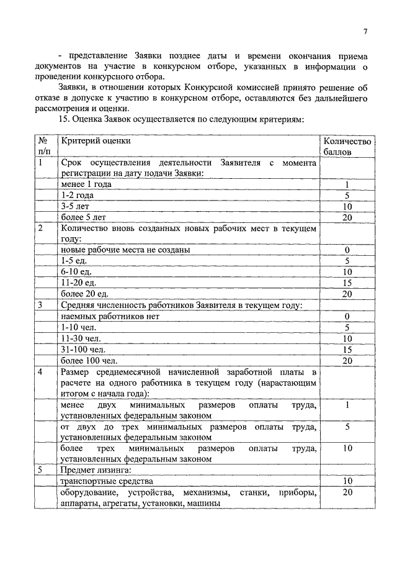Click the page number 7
coord(365,32)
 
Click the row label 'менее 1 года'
coord(86,184)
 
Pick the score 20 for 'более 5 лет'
coord(347,217)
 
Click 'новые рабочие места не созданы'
coord(125,250)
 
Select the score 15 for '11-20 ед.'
coord(347,283)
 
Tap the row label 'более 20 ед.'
coord(85,293)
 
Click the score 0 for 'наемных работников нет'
coord(347,316)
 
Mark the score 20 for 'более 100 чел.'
coord(347,360)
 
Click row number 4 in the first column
coord(40,372)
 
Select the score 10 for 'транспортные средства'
coord(347,481)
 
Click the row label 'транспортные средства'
coord(106,481)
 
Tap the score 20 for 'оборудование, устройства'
coord(347,492)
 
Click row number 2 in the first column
coord(40,228)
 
